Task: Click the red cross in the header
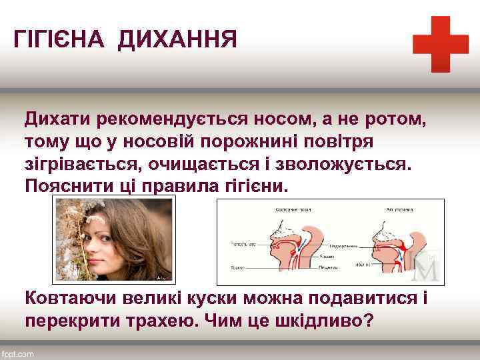[440, 44]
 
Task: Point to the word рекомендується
[171, 120]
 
